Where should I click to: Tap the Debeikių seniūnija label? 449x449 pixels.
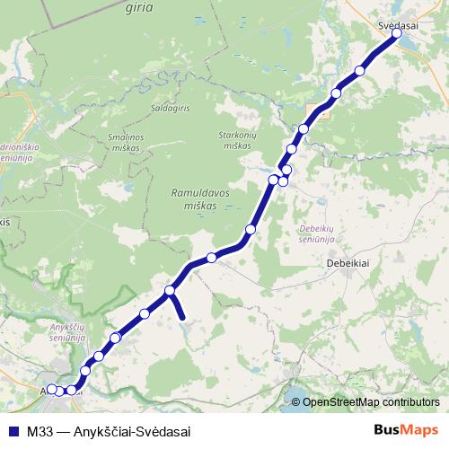316,233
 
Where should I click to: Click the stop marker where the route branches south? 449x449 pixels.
170,291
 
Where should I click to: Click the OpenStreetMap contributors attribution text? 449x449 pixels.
371,402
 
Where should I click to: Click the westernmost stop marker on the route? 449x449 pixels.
51,389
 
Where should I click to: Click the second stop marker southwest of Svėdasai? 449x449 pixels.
337,93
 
